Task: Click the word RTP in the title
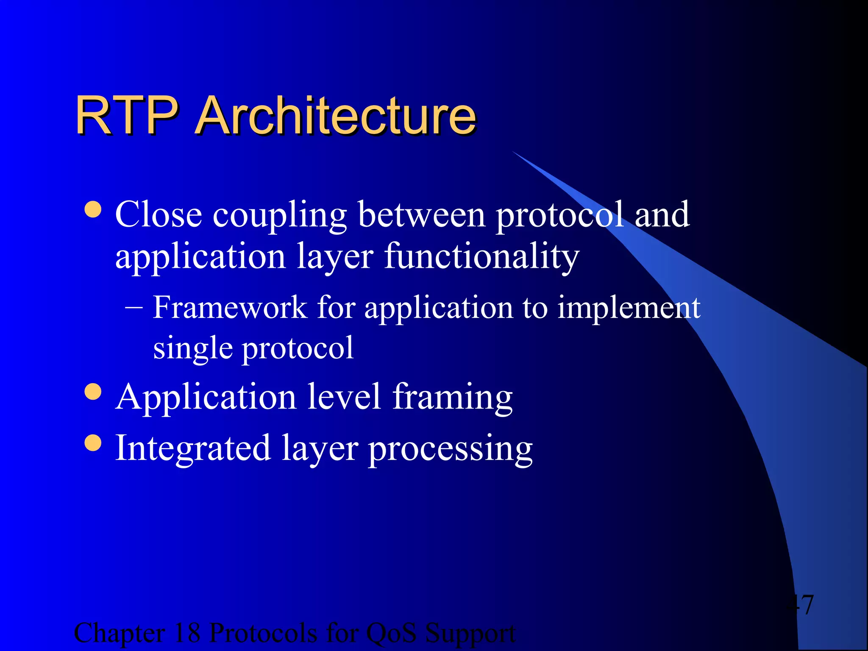coord(126,115)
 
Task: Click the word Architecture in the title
coord(336,115)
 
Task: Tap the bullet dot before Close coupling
coord(93,209)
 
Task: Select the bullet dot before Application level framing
coord(93,392)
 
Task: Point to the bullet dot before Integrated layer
coord(93,443)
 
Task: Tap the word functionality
coord(481,257)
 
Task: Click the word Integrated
coord(193,449)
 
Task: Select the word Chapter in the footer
coord(119,634)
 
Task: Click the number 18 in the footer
coord(187,633)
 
